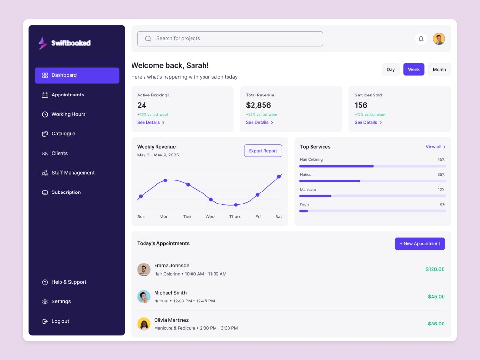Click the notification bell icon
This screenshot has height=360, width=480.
pos(421,39)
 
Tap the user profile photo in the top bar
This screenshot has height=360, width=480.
pos(439,39)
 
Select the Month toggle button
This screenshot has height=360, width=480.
pos(439,70)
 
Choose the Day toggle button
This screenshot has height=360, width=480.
pos(391,70)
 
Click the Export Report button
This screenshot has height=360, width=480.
pos(263,151)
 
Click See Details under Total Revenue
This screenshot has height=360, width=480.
pos(260,122)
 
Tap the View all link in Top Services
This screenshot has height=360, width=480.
pos(435,147)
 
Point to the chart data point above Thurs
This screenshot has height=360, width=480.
pos(236,205)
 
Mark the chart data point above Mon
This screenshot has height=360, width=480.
pos(165,180)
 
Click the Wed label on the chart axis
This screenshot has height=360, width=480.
pos(210,217)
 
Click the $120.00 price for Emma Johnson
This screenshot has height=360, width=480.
pos(435,269)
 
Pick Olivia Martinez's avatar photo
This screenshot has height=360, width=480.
pos(144,324)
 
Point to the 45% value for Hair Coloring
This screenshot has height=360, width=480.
pos(441,159)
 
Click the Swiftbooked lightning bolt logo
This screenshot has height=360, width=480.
pos(43,43)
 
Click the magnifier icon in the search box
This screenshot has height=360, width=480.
pos(148,39)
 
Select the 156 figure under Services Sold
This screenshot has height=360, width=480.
pos(360,105)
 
